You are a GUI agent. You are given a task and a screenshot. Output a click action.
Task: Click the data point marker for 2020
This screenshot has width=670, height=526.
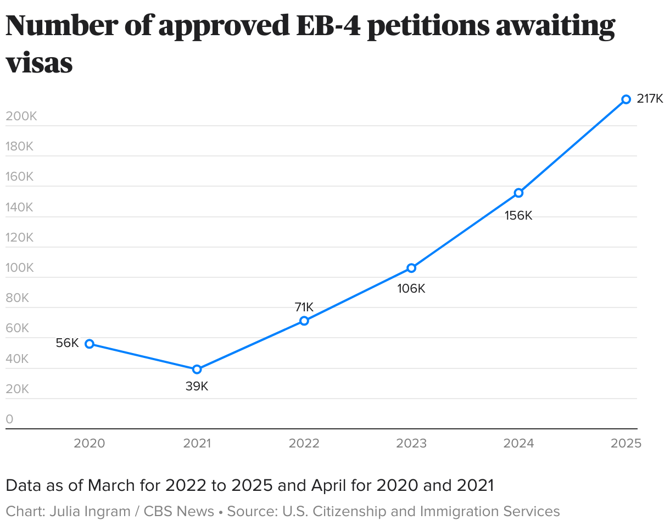pyautogui.click(x=90, y=344)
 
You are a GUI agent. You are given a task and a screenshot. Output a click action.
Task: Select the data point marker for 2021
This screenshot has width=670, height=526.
pyautogui.click(x=197, y=370)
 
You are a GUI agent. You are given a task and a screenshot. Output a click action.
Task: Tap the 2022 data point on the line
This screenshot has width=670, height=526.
pyautogui.click(x=304, y=321)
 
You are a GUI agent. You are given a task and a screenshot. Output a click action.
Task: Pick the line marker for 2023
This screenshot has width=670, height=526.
pyautogui.click(x=411, y=268)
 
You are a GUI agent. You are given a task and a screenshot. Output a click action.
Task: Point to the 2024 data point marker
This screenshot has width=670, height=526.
pyautogui.click(x=518, y=193)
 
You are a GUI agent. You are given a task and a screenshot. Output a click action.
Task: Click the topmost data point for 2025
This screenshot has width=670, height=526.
pyautogui.click(x=626, y=99)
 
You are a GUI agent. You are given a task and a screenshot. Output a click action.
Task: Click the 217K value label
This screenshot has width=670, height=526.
pyautogui.click(x=650, y=99)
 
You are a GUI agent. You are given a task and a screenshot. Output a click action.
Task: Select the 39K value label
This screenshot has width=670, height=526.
pyautogui.click(x=197, y=387)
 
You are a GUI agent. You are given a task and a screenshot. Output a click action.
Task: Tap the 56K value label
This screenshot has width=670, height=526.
pyautogui.click(x=68, y=343)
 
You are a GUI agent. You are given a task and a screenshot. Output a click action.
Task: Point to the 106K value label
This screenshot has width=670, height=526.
pyautogui.click(x=411, y=288)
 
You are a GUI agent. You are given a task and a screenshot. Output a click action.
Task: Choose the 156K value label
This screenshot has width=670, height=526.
pyautogui.click(x=518, y=216)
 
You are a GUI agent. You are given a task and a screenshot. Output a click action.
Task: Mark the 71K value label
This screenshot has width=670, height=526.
pyautogui.click(x=304, y=307)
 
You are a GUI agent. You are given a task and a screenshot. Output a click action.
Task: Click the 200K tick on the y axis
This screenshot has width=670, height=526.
pyautogui.click(x=21, y=116)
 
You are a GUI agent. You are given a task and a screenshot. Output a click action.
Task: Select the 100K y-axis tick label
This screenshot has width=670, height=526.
pyautogui.click(x=20, y=268)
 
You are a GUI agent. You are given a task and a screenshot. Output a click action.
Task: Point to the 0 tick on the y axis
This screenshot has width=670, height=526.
pyautogui.click(x=9, y=419)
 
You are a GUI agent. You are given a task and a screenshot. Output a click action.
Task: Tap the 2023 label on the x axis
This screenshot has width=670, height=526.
pyautogui.click(x=411, y=444)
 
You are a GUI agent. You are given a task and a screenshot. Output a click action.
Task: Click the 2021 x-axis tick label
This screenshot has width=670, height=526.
pyautogui.click(x=197, y=444)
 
